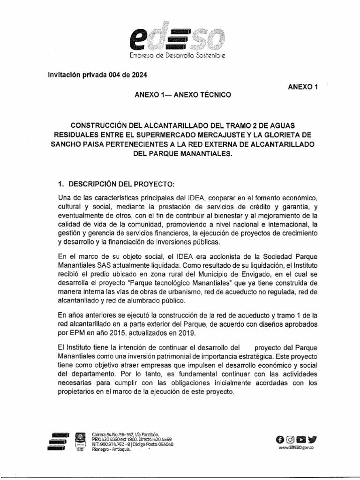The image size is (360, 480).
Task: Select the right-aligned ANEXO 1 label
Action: pos(303,87)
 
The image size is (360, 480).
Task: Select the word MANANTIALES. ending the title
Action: pos(207,153)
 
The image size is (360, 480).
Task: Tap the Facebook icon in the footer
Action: pos(280,439)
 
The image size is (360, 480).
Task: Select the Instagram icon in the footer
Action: pos(291,439)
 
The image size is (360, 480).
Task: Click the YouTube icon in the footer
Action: pos(301,439)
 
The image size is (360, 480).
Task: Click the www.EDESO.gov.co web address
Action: pos(296,448)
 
